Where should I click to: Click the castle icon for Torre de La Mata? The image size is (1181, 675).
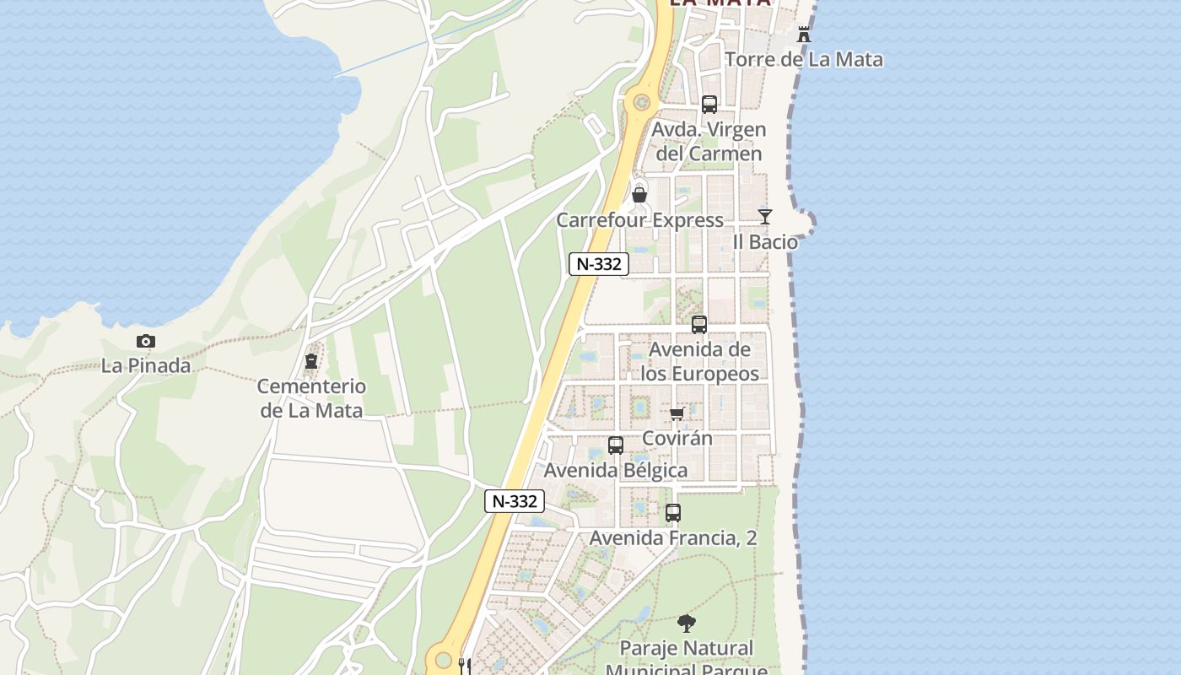pyautogui.click(x=804, y=35)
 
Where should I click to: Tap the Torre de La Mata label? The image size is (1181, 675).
pyautogui.click(x=804, y=59)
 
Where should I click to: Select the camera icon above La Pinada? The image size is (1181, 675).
pyautogui.click(x=146, y=342)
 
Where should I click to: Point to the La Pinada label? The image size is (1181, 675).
pyautogui.click(x=146, y=366)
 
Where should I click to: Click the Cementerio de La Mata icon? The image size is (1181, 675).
pyautogui.click(x=311, y=362)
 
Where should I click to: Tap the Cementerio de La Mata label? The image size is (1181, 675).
pyautogui.click(x=311, y=398)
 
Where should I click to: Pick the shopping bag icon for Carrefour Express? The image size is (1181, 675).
pyautogui.click(x=639, y=196)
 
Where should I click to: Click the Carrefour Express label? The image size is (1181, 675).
pyautogui.click(x=639, y=220)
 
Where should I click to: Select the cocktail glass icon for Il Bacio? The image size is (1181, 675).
pyautogui.click(x=765, y=217)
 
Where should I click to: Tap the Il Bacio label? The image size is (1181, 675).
pyautogui.click(x=765, y=242)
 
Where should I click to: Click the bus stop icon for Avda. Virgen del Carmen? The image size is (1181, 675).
pyautogui.click(x=709, y=105)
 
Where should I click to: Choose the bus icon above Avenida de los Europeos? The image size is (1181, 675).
pyautogui.click(x=699, y=325)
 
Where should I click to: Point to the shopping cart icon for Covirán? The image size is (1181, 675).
pyautogui.click(x=677, y=413)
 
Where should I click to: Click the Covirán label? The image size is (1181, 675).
pyautogui.click(x=677, y=438)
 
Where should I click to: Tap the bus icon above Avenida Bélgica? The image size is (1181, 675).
pyautogui.click(x=616, y=445)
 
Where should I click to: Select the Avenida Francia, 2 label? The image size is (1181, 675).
pyautogui.click(x=673, y=537)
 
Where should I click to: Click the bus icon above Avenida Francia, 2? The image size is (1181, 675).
pyautogui.click(x=673, y=513)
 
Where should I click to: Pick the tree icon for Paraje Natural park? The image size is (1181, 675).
pyautogui.click(x=687, y=624)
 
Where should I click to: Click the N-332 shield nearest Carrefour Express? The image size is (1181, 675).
pyautogui.click(x=599, y=264)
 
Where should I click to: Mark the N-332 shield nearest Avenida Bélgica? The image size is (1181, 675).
pyautogui.click(x=515, y=501)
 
